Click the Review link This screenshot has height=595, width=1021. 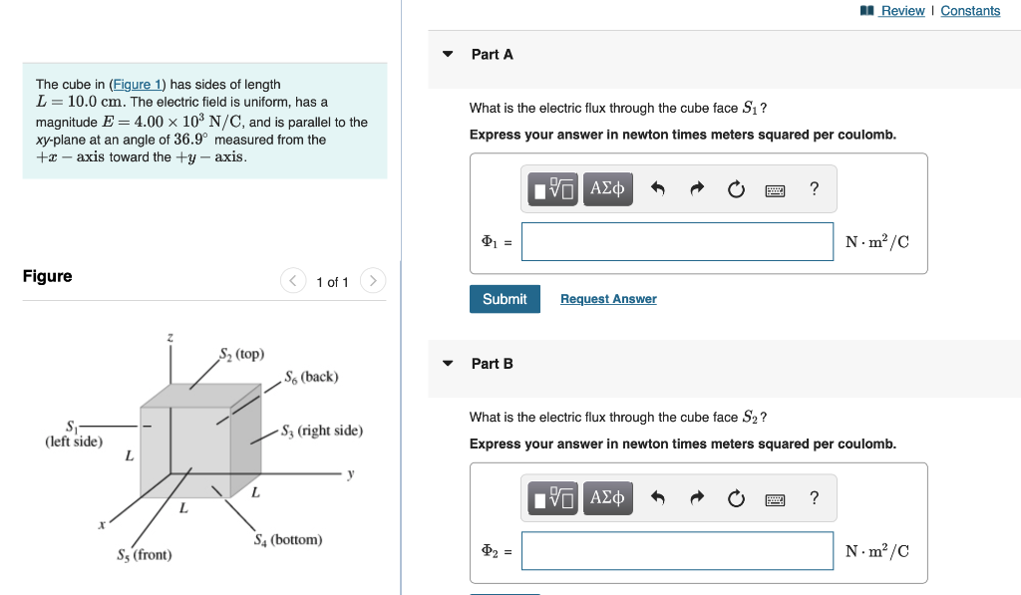tap(901, 11)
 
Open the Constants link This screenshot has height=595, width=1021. tap(969, 11)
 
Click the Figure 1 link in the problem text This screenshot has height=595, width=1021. tap(132, 85)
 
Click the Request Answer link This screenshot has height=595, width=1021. tap(608, 299)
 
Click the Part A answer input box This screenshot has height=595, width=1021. tap(677, 241)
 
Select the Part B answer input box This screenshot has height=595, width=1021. tap(677, 551)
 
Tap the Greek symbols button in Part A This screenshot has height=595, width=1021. tap(607, 188)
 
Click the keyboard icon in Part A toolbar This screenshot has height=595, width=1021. tap(776, 189)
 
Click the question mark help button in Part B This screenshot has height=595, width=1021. tap(815, 498)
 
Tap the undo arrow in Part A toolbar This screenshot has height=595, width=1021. tap(658, 189)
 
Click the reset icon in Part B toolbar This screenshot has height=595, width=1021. tap(736, 498)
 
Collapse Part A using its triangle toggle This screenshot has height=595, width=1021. tap(448, 54)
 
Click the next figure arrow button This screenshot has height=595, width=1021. tap(372, 281)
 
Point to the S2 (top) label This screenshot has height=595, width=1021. tap(242, 354)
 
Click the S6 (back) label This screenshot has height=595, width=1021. tap(311, 377)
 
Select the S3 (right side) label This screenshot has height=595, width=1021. tap(322, 432)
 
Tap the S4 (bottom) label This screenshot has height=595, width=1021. tap(288, 540)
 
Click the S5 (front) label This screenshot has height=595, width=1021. tap(145, 555)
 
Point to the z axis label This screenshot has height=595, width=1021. tap(170, 339)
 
